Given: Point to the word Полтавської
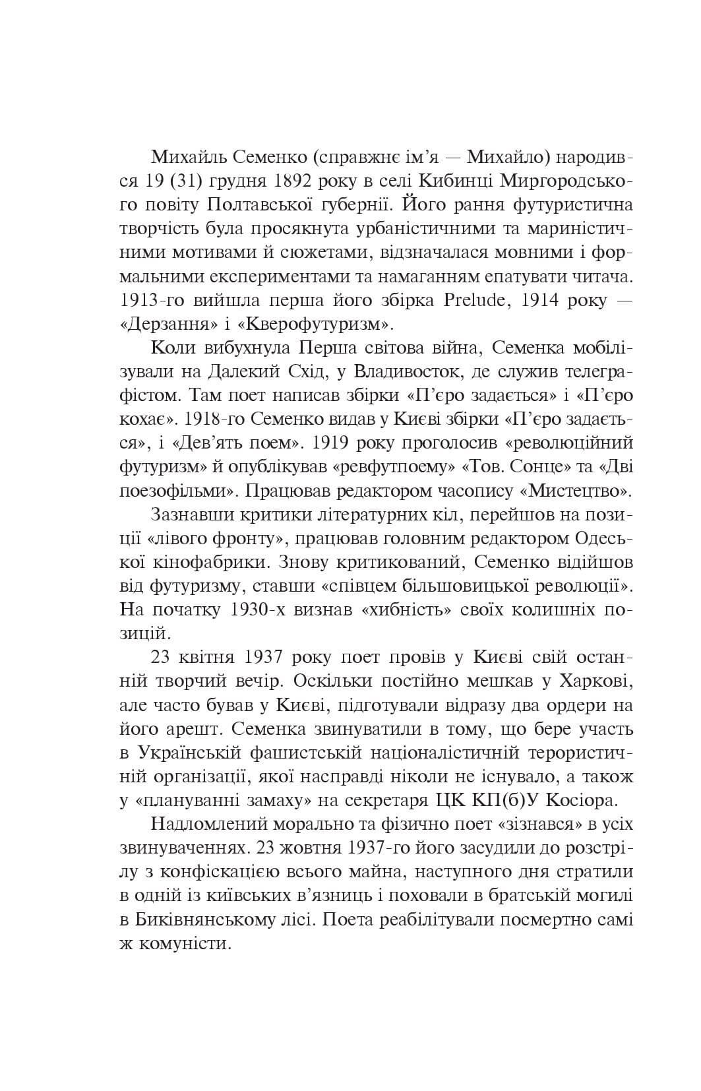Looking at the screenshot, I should (262, 205).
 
